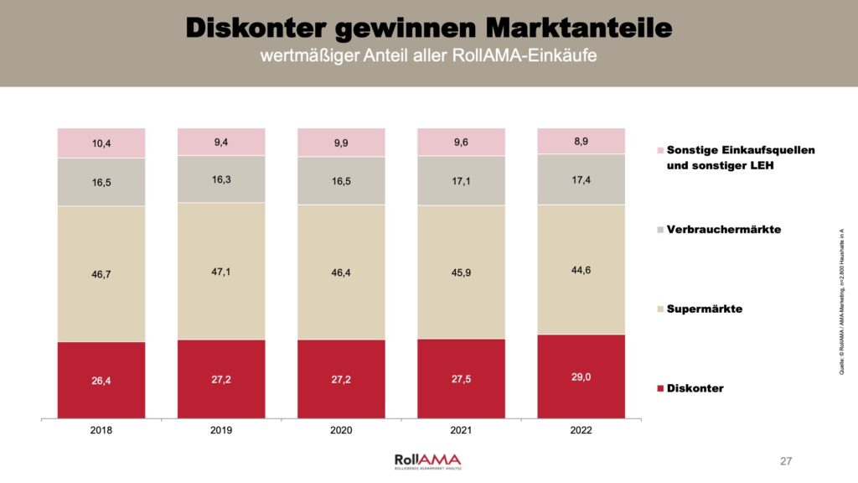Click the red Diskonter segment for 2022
581,376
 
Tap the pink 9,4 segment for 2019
221,142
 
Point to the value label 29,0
581,377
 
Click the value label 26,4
101,382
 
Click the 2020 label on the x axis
341,430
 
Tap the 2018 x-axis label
101,430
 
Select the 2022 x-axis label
581,430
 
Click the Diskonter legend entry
695,388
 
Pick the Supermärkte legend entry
704,309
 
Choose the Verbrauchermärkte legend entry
723,229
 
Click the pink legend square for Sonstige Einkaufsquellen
660,150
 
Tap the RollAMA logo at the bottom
427,460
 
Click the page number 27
786,461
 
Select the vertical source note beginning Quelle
840,301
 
